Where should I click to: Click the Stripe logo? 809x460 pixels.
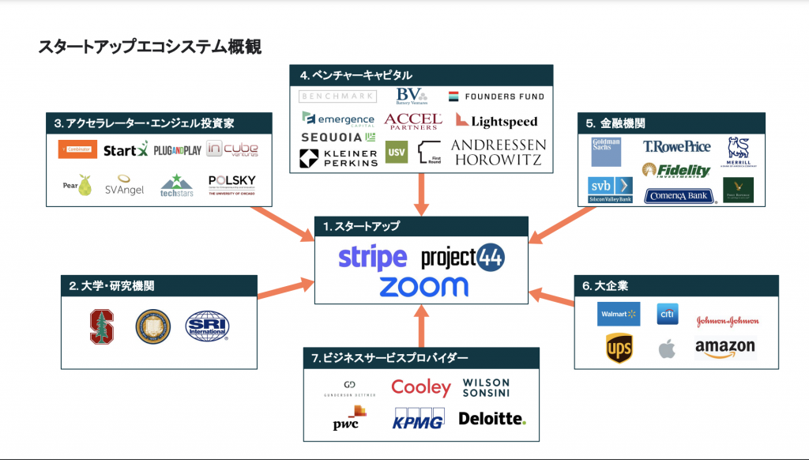372,258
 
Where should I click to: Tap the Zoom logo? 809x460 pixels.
423,286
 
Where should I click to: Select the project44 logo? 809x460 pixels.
462,257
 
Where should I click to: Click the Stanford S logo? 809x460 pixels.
102,326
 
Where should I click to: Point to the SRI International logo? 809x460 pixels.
207,326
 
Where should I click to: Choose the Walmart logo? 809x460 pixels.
619,314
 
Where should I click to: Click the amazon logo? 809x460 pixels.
725,348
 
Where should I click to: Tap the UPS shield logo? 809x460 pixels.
619,348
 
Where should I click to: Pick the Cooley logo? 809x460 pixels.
421,387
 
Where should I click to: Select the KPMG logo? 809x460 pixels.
418,420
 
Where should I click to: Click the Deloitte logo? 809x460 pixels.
492,418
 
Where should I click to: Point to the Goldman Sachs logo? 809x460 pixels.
606,152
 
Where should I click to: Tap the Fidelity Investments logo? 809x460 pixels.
676,170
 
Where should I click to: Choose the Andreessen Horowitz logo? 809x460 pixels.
498,153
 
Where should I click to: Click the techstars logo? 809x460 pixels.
177,186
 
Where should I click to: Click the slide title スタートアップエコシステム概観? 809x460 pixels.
149,47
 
